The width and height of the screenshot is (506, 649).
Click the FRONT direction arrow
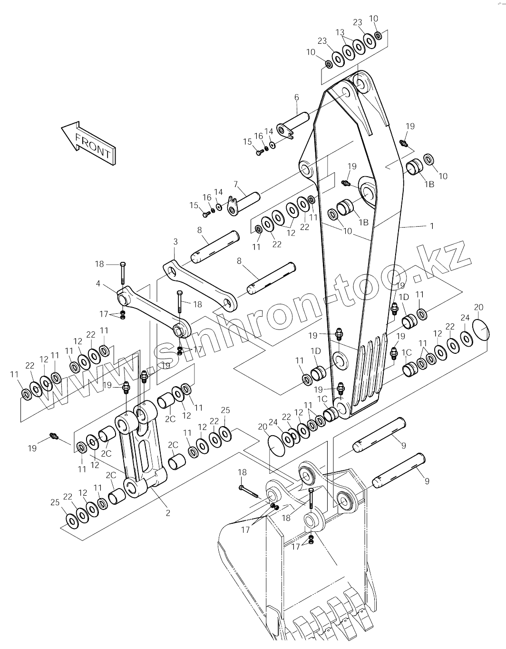[x=88, y=143]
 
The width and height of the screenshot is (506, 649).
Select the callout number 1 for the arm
[x=432, y=226]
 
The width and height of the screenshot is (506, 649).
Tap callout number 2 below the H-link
[x=168, y=513]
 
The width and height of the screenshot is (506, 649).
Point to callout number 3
[x=175, y=241]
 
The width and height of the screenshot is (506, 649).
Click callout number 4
[x=98, y=283]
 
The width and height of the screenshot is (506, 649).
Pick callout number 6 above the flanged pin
[x=296, y=97]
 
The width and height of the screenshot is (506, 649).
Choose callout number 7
[x=236, y=184]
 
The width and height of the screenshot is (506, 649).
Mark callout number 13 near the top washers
[x=340, y=32]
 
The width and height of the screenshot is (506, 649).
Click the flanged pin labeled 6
[x=293, y=125]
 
